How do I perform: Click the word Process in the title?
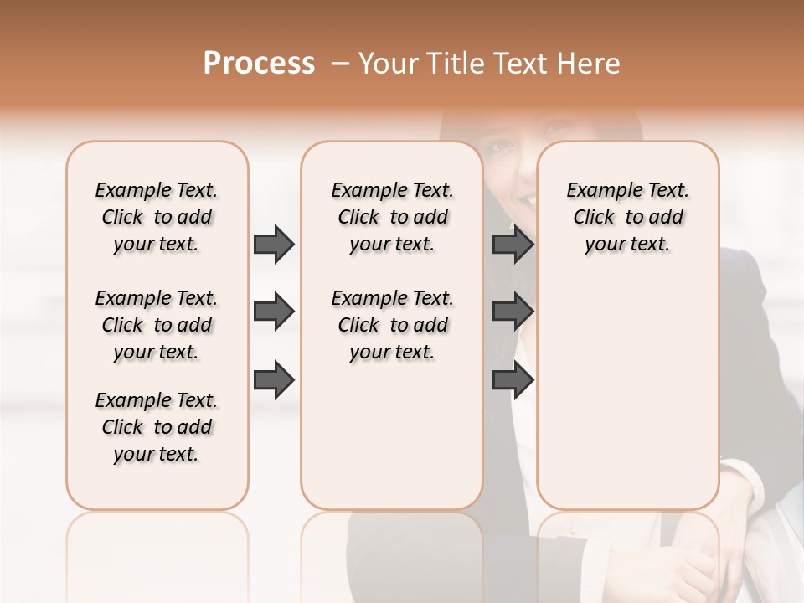[x=259, y=64]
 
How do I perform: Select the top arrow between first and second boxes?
[x=274, y=244]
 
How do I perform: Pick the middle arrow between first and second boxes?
[x=274, y=312]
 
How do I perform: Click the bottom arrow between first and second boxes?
[x=274, y=380]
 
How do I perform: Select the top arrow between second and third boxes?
[x=513, y=244]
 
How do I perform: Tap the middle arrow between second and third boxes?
[x=513, y=312]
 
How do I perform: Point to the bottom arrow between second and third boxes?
[x=513, y=380]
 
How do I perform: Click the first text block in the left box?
[x=157, y=217]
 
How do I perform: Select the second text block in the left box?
[x=157, y=325]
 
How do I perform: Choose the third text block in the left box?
[x=157, y=427]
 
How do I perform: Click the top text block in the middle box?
[x=393, y=217]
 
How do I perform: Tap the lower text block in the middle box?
[x=393, y=325]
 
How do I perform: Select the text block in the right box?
[x=628, y=217]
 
